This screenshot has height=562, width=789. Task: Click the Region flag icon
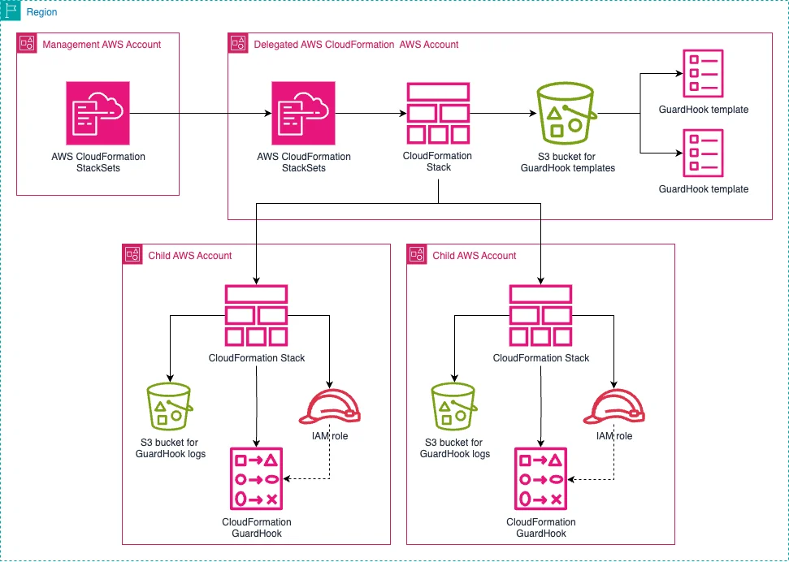(11, 11)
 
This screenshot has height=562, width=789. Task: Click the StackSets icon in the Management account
(98, 113)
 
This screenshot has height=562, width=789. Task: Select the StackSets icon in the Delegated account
(303, 113)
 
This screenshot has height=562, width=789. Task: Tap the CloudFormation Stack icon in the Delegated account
(438, 114)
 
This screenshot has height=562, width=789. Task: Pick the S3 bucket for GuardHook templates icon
(567, 114)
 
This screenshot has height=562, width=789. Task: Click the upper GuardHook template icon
(703, 73)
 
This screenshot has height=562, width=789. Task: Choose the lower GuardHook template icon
(703, 153)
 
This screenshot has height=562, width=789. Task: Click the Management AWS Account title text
(102, 45)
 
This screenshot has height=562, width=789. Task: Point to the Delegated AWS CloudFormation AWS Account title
(356, 45)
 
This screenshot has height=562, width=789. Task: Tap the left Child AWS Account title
(189, 256)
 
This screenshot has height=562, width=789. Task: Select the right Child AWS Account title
(474, 256)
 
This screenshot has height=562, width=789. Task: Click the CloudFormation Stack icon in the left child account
(256, 315)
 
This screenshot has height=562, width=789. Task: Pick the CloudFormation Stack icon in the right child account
(541, 315)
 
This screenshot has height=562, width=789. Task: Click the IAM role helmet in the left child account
(330, 407)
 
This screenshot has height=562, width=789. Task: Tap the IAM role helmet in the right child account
(614, 407)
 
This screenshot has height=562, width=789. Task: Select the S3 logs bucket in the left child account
(168, 406)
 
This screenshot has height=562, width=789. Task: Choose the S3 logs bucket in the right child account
(453, 406)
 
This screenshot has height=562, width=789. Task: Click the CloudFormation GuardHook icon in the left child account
(257, 479)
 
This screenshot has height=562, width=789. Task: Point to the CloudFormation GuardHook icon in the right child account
(541, 479)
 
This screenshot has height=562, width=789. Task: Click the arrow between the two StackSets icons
(201, 114)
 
